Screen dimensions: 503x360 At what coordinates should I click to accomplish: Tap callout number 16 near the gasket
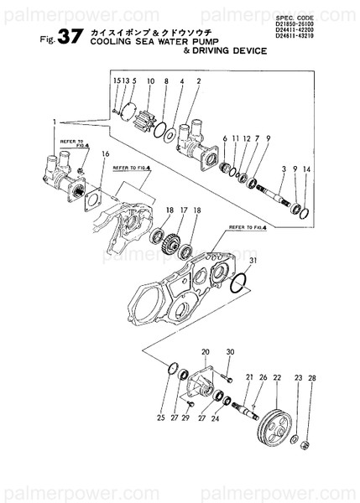105,154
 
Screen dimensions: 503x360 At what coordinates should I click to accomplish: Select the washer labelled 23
295,438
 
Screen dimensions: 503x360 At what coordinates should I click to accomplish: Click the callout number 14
307,170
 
